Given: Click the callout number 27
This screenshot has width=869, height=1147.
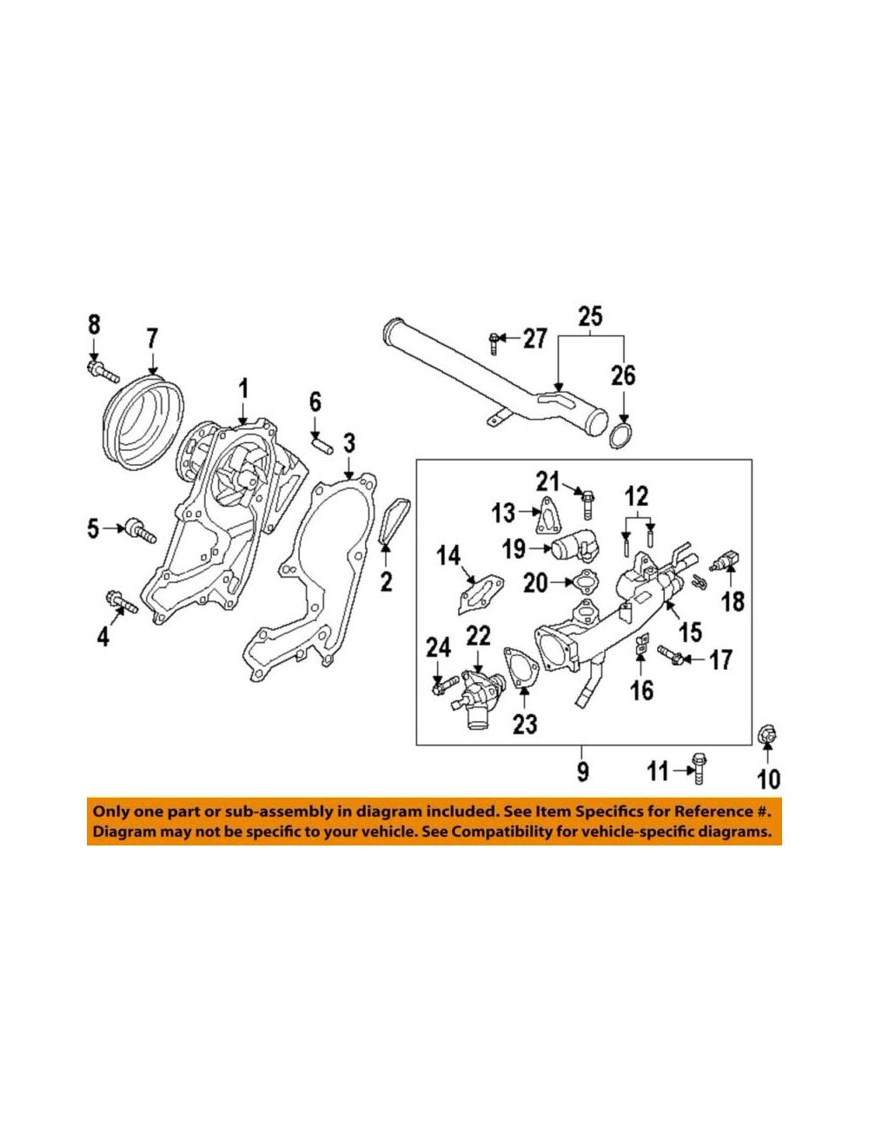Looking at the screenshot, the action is [534, 339].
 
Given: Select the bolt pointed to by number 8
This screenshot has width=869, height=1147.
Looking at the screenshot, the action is [103, 370].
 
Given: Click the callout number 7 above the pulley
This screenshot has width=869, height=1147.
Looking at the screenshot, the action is [151, 337].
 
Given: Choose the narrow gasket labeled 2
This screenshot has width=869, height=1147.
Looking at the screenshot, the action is [394, 522].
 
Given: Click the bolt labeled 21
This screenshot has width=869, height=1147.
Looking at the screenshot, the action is [587, 502].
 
